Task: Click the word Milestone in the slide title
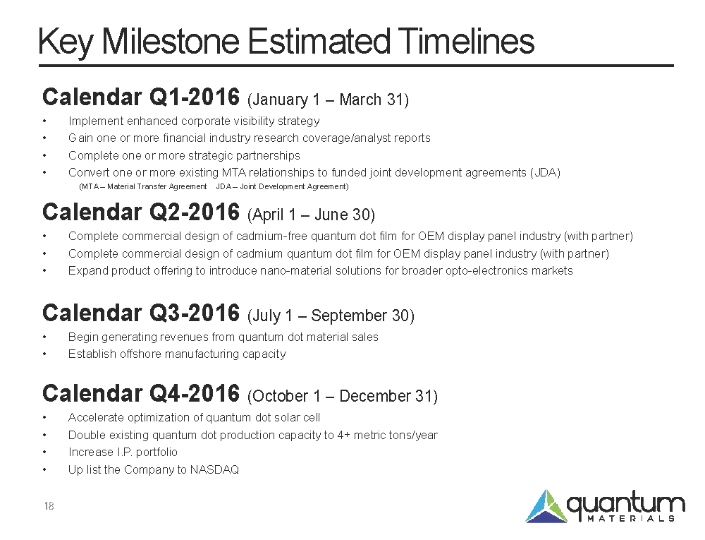click(x=171, y=42)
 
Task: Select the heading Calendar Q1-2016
click(x=141, y=97)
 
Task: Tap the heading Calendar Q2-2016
click(x=141, y=212)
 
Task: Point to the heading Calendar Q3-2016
click(x=141, y=313)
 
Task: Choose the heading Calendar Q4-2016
click(x=141, y=393)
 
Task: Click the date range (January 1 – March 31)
click(x=329, y=100)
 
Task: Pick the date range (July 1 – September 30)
click(x=331, y=316)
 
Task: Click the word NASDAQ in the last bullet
click(x=214, y=470)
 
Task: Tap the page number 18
click(x=49, y=506)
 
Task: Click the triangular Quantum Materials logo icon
click(x=546, y=506)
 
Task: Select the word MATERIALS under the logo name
click(x=631, y=518)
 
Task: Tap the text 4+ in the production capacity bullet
click(x=344, y=435)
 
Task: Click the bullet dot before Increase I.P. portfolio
click(x=44, y=452)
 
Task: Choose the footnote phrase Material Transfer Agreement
click(x=157, y=187)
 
